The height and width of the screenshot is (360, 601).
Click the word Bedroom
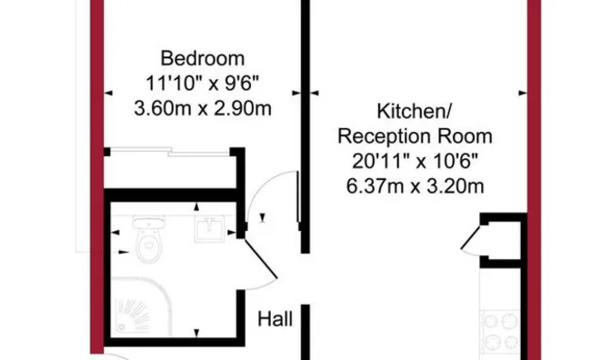point(203,59)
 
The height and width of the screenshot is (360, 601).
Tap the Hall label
point(275,319)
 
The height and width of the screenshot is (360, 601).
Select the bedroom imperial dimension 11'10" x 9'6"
point(203,84)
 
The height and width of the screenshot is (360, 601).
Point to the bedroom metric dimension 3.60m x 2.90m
point(203,108)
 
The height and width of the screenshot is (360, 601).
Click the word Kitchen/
point(415,112)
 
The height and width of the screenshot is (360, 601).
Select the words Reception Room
point(416,137)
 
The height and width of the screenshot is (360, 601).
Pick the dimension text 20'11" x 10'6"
point(416,162)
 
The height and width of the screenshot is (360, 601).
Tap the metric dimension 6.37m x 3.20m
point(416,186)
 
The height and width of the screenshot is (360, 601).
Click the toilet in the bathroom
point(149,237)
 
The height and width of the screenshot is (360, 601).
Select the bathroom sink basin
point(209,229)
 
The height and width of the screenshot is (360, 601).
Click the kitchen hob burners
point(500,331)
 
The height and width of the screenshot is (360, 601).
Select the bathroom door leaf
point(261,258)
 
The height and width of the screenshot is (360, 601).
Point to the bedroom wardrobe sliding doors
point(169,153)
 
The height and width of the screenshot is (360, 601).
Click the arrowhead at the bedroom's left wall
point(108,93)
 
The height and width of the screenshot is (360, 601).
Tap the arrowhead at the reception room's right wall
point(523,93)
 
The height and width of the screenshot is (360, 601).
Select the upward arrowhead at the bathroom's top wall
point(196,207)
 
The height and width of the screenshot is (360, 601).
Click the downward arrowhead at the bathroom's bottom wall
point(196,333)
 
